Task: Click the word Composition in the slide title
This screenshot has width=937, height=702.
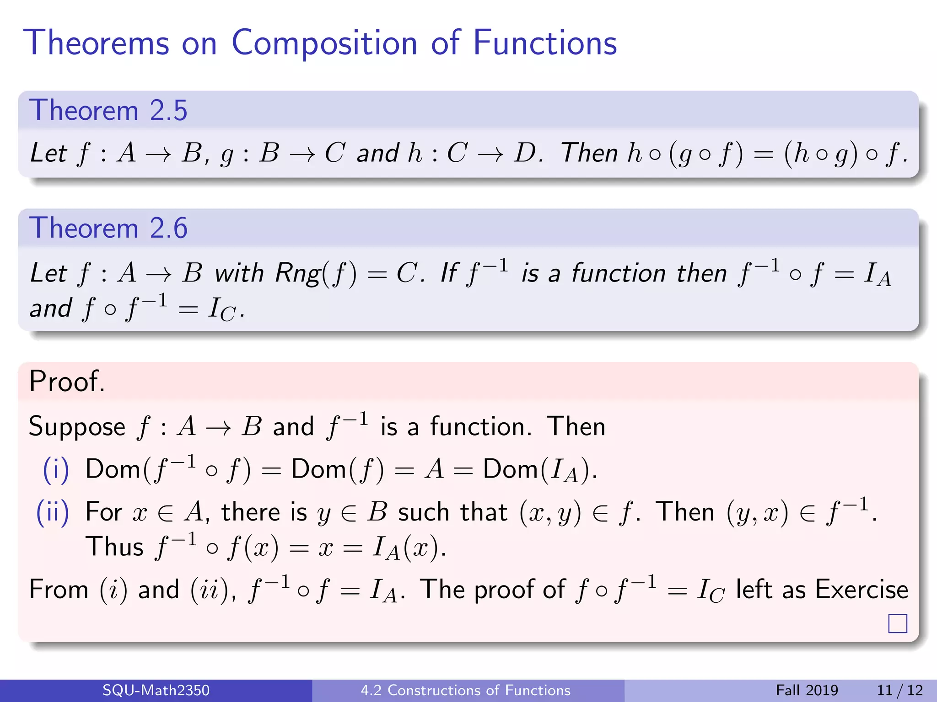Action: [x=324, y=43]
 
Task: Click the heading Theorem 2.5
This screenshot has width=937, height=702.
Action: [x=108, y=111]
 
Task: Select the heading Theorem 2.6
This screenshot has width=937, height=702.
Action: [x=108, y=228]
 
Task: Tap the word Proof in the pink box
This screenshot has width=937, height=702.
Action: [x=66, y=381]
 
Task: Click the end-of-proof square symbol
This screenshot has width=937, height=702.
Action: [x=897, y=623]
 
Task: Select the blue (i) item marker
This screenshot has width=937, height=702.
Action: [x=56, y=469]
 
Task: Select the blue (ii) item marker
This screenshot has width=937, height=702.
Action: [x=53, y=512]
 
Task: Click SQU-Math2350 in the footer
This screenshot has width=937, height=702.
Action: [x=156, y=690]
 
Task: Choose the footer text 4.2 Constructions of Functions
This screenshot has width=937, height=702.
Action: [x=465, y=690]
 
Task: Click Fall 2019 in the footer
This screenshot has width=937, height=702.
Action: [x=807, y=690]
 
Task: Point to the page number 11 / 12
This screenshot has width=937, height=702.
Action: [x=899, y=690]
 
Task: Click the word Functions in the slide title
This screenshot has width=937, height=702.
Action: [x=544, y=43]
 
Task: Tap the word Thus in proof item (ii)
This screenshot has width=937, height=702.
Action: [x=114, y=547]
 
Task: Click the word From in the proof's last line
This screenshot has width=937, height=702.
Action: [x=58, y=589]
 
